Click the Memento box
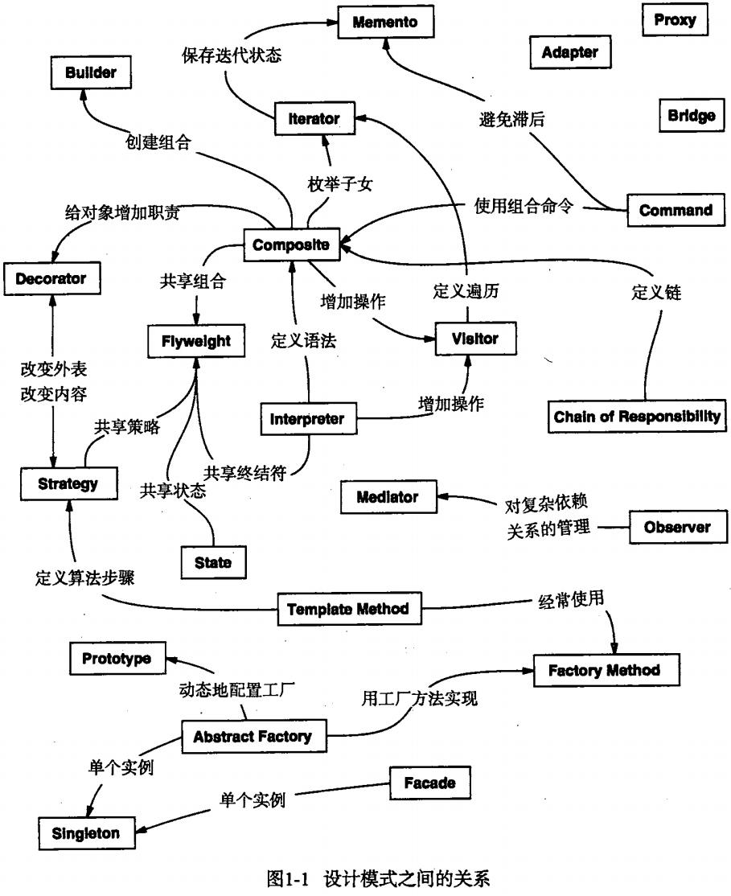385,23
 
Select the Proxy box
675,20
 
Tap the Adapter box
570,52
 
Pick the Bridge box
691,116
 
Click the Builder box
90,72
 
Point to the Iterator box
314,119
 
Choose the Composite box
290,245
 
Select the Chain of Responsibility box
637,417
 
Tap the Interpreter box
307,419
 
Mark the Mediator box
388,497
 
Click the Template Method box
348,609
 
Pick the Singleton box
85,833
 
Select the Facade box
429,783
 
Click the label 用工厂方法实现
419,698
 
